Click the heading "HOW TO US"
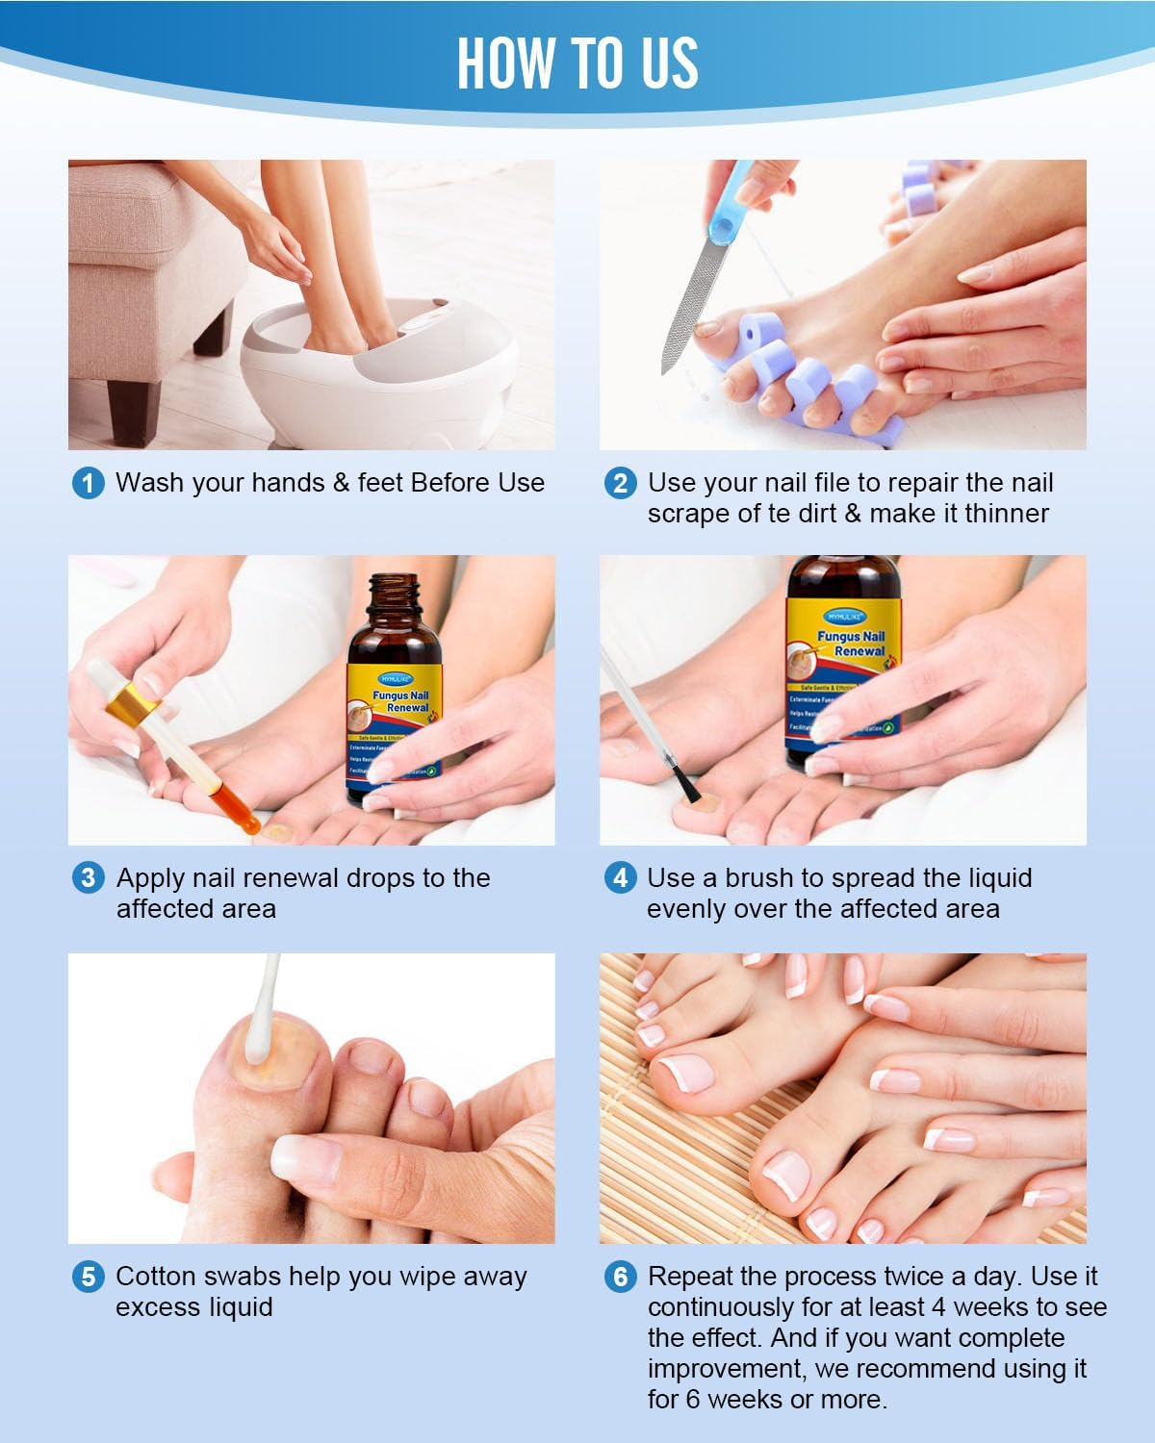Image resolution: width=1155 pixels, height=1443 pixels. [577, 63]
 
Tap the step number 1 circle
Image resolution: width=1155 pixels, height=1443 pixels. [89, 483]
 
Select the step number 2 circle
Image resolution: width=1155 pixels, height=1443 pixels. [620, 483]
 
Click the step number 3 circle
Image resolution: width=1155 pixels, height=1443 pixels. [89, 878]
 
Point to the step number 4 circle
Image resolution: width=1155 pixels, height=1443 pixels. [620, 878]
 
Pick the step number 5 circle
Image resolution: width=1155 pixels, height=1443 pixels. [89, 1277]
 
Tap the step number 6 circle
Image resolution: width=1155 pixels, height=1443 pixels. [620, 1277]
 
